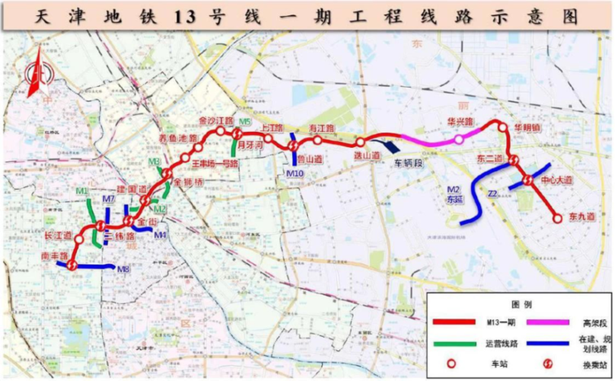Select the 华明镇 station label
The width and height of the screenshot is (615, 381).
pos(526,127)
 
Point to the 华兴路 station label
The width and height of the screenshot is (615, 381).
pos(460,122)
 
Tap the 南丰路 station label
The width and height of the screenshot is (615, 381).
pos(56,255)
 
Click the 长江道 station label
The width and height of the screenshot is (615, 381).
pos(58,235)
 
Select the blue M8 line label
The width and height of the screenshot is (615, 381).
pos(123,269)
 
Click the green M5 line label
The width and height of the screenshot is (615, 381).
pos(244,122)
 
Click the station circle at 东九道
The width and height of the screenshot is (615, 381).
pos(559,218)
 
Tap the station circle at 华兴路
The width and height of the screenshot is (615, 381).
pos(458,139)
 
